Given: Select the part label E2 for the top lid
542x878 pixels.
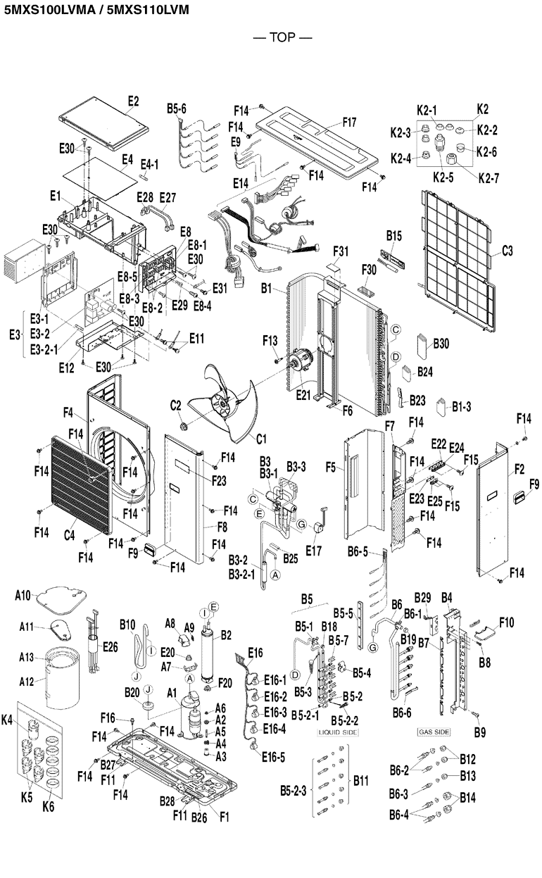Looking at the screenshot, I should [134, 102].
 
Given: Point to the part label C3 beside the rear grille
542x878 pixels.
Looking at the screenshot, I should [507, 251].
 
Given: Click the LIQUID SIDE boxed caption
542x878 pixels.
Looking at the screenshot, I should [338, 732].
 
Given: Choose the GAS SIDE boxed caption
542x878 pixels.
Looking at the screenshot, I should [434, 732].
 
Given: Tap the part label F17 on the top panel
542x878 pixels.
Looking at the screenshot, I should [349, 122].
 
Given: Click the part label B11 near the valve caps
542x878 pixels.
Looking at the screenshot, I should [361, 780].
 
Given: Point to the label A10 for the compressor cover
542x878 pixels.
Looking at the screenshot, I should [23, 596].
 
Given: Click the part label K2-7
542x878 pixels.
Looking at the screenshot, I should [487, 179].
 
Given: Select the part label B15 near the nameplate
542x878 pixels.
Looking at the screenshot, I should [393, 234].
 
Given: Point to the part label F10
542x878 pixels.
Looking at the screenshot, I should [507, 622].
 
